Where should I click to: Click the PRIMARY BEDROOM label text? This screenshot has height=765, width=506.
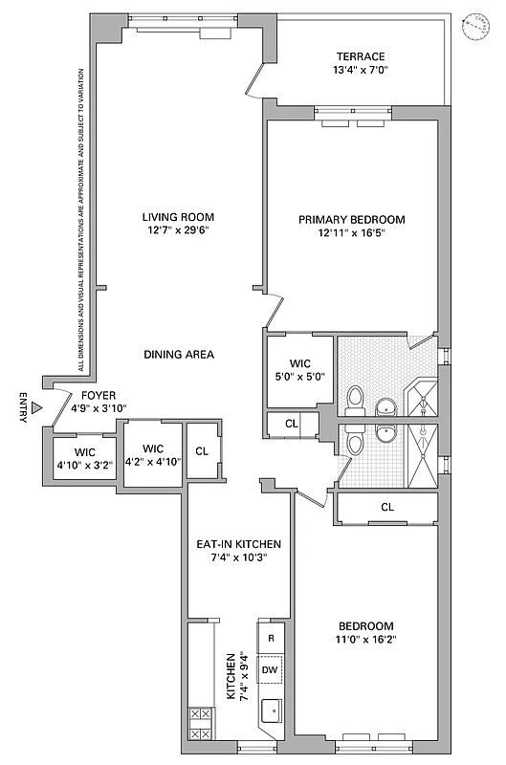point(351,220)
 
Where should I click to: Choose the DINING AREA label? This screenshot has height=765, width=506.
point(179,355)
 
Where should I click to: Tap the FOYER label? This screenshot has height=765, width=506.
point(99,395)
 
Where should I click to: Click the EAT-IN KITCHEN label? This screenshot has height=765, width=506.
point(238,544)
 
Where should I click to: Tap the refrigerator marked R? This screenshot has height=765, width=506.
point(272,638)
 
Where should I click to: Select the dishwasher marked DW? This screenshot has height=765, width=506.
point(272,670)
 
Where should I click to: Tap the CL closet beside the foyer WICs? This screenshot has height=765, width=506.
point(202,451)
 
